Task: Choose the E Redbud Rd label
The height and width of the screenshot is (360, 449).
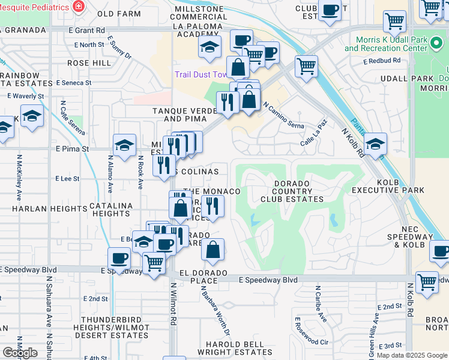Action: pos(382,61)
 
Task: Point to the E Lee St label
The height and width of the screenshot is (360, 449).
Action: pos(67,179)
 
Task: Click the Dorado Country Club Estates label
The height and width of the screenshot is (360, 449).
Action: pos(292,191)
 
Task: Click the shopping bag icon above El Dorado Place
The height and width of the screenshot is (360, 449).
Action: pos(212,250)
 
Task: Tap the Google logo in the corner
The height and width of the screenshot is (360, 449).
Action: pos(20,352)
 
